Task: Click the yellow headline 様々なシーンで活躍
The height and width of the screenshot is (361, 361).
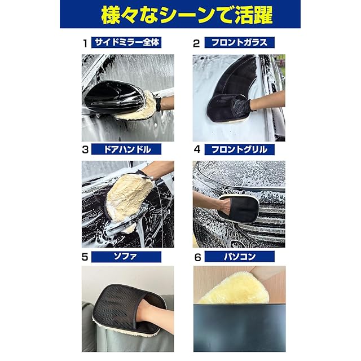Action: [x=187, y=15]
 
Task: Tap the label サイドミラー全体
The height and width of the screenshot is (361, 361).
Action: [x=127, y=42]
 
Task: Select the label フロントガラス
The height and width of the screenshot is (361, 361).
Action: [x=239, y=43]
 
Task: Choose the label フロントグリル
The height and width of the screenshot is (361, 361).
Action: [x=239, y=149]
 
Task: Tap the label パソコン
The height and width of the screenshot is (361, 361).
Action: [x=240, y=257]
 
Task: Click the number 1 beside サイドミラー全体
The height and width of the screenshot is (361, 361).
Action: [x=85, y=43]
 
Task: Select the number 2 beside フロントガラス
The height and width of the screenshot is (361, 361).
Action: [x=196, y=43]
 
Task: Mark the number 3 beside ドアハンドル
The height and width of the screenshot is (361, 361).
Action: [x=85, y=150]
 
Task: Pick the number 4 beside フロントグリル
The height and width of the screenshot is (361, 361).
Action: [x=197, y=149]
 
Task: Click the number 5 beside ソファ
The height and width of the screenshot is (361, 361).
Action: [x=85, y=257]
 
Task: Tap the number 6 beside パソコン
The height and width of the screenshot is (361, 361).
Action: [x=198, y=257]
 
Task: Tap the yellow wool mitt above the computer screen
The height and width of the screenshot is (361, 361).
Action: [x=235, y=288]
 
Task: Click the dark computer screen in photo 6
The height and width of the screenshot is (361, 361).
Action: [x=239, y=328]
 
